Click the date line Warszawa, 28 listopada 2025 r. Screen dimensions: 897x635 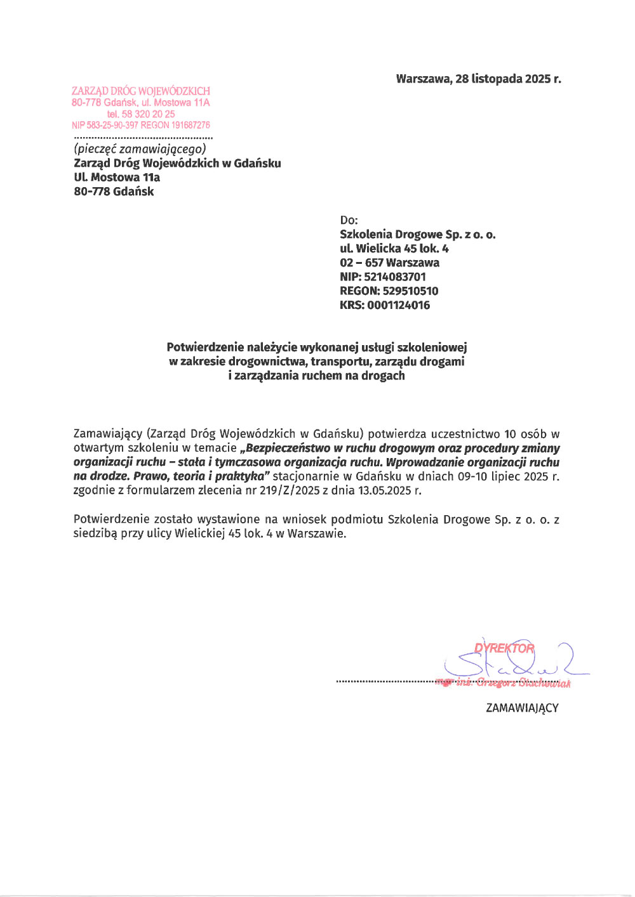(478, 79)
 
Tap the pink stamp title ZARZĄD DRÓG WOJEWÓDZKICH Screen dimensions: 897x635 (140, 91)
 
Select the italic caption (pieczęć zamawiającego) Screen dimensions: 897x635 (140, 149)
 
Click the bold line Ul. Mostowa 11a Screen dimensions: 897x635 (117, 178)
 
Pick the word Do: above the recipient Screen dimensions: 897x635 (349, 220)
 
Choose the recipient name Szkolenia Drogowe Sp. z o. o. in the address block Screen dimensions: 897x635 (417, 235)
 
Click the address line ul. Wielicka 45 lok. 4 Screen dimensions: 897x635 (394, 249)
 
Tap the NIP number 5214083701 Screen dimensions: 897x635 (394, 277)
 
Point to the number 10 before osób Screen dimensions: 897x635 (510, 435)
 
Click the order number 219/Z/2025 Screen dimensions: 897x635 (290, 490)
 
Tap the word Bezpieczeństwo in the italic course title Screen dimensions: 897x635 (284, 448)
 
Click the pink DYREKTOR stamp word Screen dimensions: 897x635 (504, 648)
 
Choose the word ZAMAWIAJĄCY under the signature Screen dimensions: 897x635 (522, 708)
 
